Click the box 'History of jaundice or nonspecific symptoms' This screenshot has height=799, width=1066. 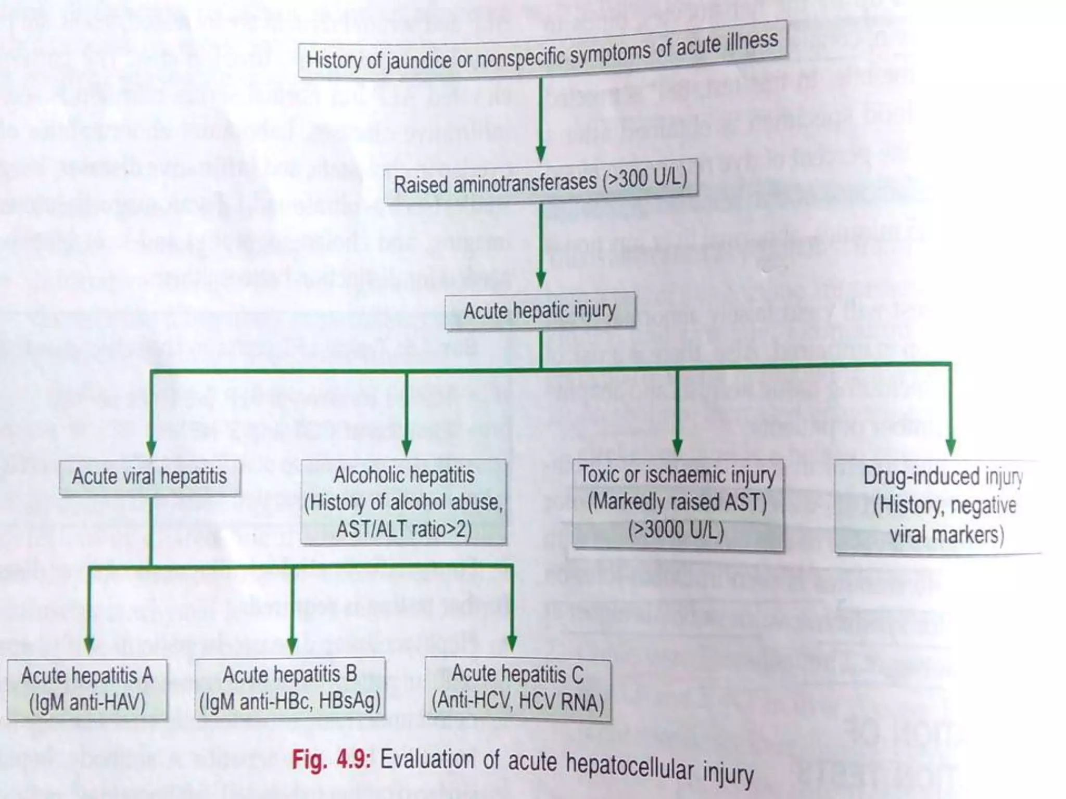542,50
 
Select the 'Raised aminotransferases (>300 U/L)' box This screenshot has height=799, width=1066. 540,181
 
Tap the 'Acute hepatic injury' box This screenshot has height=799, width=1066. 540,311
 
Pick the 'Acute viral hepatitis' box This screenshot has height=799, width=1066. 149,476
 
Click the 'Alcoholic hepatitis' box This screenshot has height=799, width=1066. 404,501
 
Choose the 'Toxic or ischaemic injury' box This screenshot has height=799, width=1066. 677,503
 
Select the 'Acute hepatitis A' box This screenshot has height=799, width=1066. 87,689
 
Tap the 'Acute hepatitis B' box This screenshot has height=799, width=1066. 290,688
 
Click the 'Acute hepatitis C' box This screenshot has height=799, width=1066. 517,688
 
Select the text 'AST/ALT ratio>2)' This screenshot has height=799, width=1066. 404,530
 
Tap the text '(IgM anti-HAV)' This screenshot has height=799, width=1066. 87,703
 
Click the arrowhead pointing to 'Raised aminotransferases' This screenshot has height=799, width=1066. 541,153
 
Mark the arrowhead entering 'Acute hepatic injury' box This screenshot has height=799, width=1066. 541,281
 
